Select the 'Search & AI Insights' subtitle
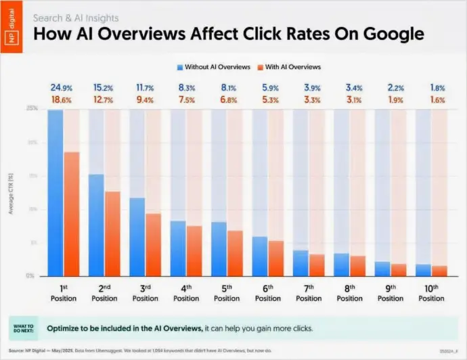76,18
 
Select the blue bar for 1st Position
55,193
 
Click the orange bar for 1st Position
72,214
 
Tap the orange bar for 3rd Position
154,244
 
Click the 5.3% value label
268,99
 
